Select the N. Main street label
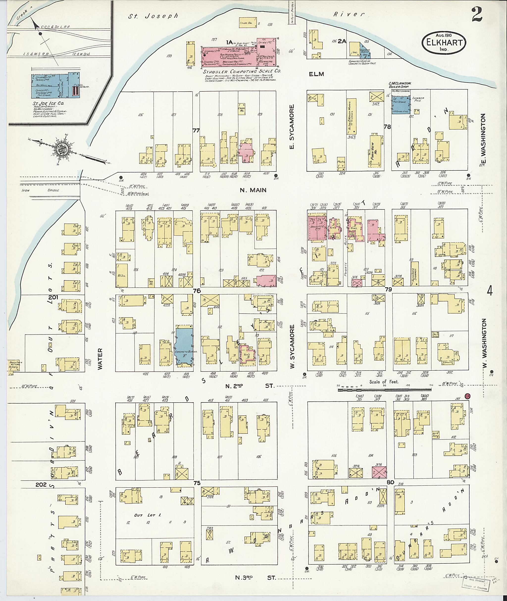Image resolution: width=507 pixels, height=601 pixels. [x=253, y=190]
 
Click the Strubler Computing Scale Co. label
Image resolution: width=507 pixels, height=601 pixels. [x=242, y=71]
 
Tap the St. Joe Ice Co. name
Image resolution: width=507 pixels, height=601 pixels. [x=48, y=103]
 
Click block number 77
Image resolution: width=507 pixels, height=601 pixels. [x=196, y=131]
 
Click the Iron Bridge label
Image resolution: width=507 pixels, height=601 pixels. [x=40, y=190]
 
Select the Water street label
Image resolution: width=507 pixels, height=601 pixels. [x=100, y=359]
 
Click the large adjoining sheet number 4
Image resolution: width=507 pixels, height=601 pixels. [x=490, y=291]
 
